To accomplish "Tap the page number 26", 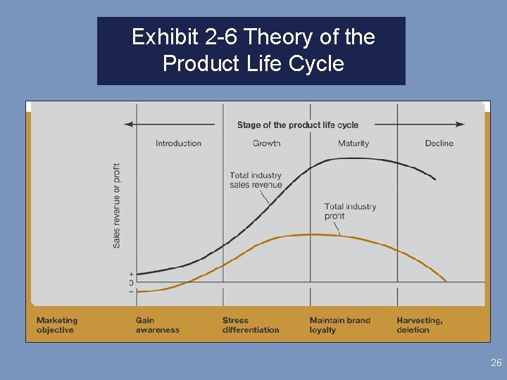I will (496, 363).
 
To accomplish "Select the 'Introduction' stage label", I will (178, 144).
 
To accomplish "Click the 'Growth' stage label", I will (266, 144).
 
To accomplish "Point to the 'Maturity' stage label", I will (353, 144).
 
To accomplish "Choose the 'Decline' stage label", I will (439, 144).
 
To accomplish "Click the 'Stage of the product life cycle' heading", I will (297, 125).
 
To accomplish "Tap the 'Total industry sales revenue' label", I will (256, 180).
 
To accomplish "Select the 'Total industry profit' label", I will (350, 211).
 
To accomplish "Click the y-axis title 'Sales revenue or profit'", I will (116, 205).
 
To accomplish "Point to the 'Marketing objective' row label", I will (57, 325).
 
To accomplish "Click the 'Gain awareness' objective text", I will (157, 325).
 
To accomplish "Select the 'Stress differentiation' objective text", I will (251, 325).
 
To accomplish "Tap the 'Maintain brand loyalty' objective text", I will (339, 325).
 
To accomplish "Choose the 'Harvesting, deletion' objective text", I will (420, 325).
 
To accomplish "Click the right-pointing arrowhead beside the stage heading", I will (461, 125).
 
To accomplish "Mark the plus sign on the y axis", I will (131, 273).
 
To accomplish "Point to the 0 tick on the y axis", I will (131, 282).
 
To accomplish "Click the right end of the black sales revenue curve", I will (434, 179).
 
